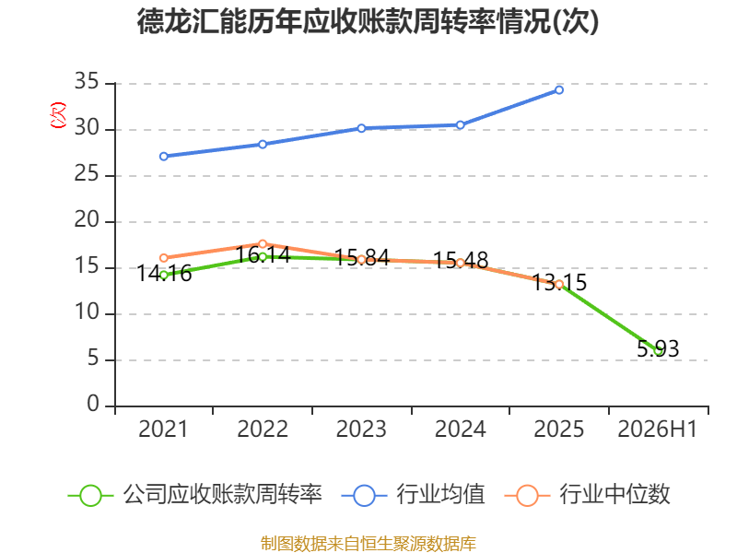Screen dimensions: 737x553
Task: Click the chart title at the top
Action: pos(368,21)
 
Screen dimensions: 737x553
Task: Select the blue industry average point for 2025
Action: pos(559,89)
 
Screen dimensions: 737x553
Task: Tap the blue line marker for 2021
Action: pos(164,156)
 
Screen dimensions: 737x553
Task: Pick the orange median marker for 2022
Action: pos(263,244)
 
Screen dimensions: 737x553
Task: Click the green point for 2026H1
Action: pos(658,351)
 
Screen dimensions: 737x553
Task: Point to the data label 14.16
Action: pos(164,273)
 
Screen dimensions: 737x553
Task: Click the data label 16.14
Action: pos(263,255)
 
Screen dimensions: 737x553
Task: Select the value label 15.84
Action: pos(362,258)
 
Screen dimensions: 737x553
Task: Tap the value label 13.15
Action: pos(559,283)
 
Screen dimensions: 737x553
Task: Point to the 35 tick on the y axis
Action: pos(87,81)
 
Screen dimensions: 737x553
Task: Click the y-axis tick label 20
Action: pos(87,219)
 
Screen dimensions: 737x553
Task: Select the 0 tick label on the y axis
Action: pos(93,404)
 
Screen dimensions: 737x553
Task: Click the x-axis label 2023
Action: pos(361,429)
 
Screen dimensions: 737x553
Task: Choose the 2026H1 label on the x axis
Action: pos(657,429)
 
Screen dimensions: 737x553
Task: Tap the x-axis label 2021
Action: pos(163,429)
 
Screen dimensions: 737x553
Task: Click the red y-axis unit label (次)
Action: pos(58,115)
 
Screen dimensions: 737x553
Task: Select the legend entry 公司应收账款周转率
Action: pos(195,495)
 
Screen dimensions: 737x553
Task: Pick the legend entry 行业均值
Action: pos(413,495)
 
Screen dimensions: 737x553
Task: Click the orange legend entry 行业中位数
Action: pos(587,495)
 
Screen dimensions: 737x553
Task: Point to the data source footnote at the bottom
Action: pos(368,544)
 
